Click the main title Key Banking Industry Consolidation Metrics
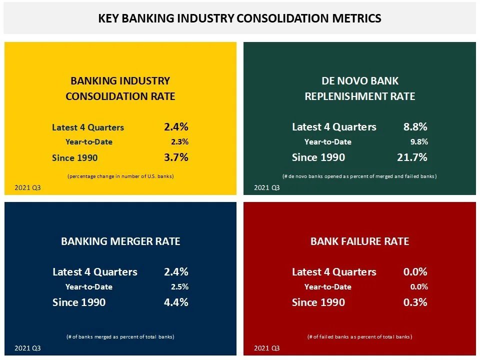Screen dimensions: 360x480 pyautogui.click(x=239, y=18)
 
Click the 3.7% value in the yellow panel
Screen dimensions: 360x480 pyautogui.click(x=176, y=157)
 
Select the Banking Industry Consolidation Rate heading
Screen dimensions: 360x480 pyautogui.click(x=120, y=88)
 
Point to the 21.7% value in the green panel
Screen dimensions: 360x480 pyautogui.click(x=412, y=157)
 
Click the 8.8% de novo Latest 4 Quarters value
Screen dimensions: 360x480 pyautogui.click(x=415, y=127)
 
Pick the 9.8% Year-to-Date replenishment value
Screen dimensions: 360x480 pyautogui.click(x=419, y=142)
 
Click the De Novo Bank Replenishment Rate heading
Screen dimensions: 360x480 pyautogui.click(x=359, y=88)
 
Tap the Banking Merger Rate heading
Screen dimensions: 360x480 pyautogui.click(x=120, y=241)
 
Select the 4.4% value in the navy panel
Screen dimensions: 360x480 pyautogui.click(x=176, y=302)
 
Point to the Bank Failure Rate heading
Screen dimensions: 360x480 pyautogui.click(x=359, y=241)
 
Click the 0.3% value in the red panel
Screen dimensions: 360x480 pyautogui.click(x=415, y=302)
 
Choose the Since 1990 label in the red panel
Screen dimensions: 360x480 pyautogui.click(x=318, y=302)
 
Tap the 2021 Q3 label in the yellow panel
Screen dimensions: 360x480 pyautogui.click(x=27, y=188)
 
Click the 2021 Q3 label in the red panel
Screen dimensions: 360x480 pyautogui.click(x=267, y=348)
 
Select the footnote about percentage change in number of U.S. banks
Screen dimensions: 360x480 pyautogui.click(x=120, y=176)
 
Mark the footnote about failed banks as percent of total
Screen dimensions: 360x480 pyautogui.click(x=359, y=337)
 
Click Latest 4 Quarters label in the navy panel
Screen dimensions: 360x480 pyautogui.click(x=94, y=272)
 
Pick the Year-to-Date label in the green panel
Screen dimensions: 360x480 pyautogui.click(x=327, y=142)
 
